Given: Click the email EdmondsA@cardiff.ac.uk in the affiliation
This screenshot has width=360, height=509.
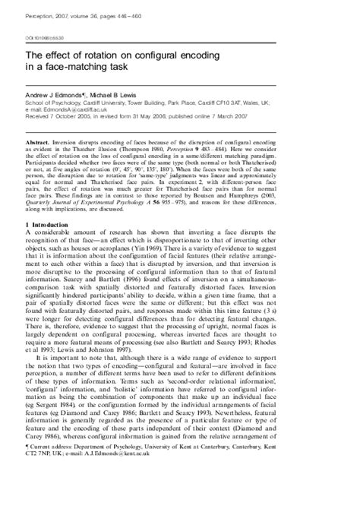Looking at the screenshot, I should (x=81, y=108).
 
